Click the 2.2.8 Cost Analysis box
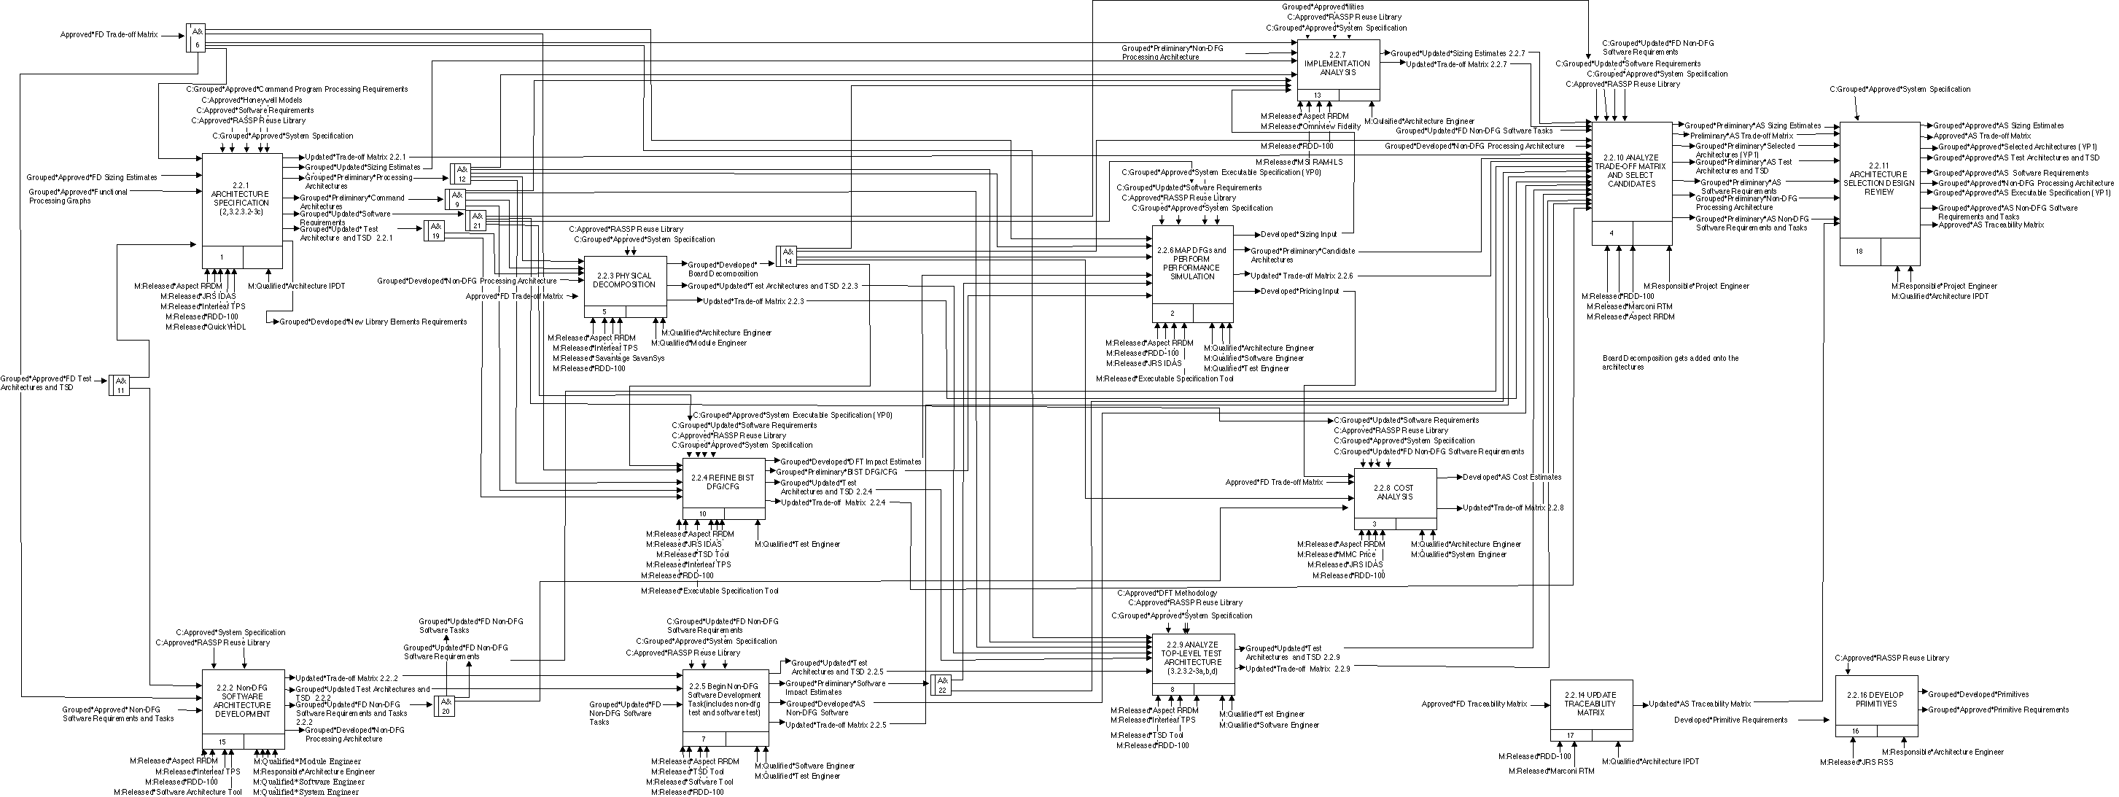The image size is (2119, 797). [x=1394, y=494]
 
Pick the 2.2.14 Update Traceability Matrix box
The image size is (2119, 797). [x=1591, y=705]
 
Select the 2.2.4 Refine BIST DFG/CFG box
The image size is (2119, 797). [x=723, y=483]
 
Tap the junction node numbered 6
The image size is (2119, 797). [x=195, y=37]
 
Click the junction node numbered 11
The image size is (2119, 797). [x=120, y=385]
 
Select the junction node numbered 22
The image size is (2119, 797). [x=942, y=684]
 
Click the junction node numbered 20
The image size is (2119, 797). [x=445, y=706]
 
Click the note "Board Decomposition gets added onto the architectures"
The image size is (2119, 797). [x=1670, y=362]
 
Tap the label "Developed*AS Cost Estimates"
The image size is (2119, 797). [x=1511, y=477]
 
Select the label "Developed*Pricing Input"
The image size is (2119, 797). [x=1299, y=291]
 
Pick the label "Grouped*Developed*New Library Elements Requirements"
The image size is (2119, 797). [x=373, y=322]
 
